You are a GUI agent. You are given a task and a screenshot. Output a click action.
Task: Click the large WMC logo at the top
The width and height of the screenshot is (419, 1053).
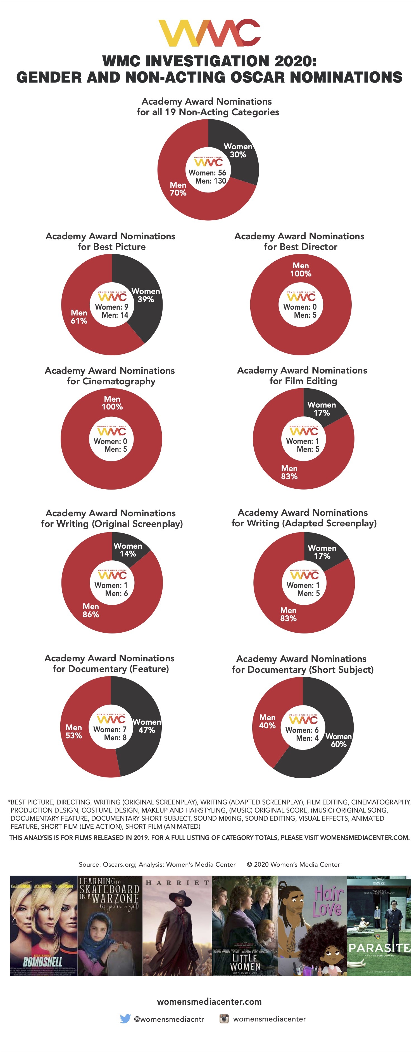(x=209, y=33)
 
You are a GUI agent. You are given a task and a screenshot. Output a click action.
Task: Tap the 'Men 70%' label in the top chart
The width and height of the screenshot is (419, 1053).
(x=178, y=189)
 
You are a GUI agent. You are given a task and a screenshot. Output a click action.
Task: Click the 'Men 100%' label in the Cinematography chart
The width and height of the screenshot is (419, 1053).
(x=112, y=403)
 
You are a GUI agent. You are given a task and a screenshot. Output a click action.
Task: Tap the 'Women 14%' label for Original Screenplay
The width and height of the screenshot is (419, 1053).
(x=128, y=550)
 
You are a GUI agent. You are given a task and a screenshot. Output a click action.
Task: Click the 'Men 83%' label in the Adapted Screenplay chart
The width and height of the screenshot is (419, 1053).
(x=289, y=614)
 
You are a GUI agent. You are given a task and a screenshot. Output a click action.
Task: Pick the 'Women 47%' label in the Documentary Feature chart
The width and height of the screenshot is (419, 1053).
(x=146, y=726)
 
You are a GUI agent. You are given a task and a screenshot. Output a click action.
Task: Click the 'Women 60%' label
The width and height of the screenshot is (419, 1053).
(x=338, y=740)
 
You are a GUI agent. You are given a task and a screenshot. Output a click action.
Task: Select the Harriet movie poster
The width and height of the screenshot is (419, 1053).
(x=177, y=926)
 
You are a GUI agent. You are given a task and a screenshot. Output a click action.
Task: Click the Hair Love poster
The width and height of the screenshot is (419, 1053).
(x=312, y=926)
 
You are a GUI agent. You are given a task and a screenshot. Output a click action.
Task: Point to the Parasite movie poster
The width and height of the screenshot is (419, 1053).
(x=379, y=926)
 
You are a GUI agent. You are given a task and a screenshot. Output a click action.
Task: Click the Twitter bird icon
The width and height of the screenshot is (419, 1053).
(x=125, y=1019)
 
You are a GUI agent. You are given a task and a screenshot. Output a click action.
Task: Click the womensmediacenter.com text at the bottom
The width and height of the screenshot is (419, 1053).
(x=209, y=1001)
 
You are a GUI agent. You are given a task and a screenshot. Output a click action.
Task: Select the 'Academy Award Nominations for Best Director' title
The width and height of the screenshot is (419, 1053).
(x=299, y=241)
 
